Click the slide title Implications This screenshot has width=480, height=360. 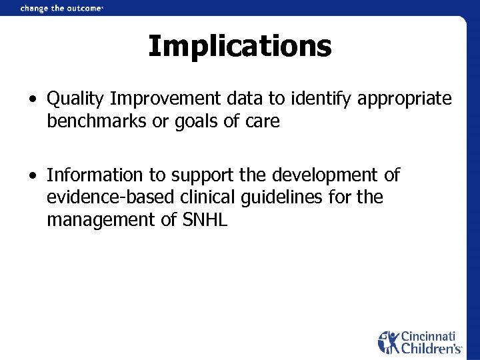point(239,47)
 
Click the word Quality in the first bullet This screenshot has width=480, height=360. point(75,99)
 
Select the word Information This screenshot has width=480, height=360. point(95,175)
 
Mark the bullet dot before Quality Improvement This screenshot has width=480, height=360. point(33,100)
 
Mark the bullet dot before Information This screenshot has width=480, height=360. point(33,176)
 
